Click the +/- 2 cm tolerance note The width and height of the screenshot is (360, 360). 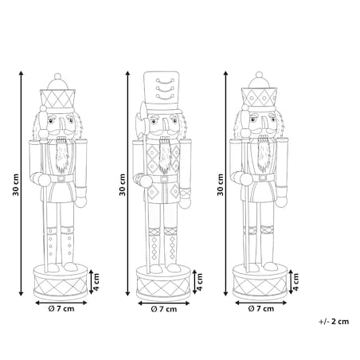point(334,322)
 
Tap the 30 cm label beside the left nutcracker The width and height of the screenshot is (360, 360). point(16,185)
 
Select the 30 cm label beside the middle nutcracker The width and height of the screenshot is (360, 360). point(122,185)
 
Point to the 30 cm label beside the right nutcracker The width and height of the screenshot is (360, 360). point(221,185)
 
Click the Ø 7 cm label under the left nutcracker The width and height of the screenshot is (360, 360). point(61,309)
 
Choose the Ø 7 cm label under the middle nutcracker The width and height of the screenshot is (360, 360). point(164,309)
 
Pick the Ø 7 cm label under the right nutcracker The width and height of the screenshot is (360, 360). point(261,309)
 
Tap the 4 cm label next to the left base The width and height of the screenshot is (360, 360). point(96,282)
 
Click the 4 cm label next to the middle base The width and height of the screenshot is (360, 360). point(200,282)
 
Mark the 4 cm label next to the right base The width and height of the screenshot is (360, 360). point(295,282)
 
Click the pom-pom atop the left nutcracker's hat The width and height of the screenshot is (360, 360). point(57,76)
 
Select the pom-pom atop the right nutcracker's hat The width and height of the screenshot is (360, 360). point(259,75)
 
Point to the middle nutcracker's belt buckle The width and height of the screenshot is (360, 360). point(164,179)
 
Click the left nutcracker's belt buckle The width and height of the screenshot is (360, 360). point(61,178)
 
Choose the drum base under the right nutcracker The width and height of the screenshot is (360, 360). point(260,283)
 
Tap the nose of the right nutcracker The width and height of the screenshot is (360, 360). point(264,123)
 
